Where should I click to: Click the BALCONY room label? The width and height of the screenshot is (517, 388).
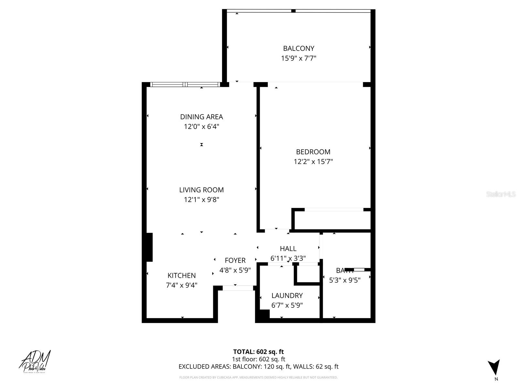[299, 48]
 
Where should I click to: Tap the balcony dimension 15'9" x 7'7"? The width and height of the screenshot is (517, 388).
[299, 59]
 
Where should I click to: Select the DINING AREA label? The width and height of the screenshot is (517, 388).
[201, 117]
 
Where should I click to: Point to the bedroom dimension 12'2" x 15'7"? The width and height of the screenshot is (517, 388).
[313, 162]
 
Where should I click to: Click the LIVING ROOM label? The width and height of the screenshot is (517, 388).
[201, 190]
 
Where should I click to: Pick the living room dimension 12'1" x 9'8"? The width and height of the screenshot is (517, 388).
[201, 200]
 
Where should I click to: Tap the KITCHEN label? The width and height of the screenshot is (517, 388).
[181, 275]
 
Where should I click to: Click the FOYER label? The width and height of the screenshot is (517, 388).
[235, 260]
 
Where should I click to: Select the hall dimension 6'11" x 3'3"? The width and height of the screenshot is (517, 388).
[288, 259]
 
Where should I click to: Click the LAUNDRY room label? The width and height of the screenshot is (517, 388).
[287, 296]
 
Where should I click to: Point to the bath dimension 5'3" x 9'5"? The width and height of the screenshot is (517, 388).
[345, 280]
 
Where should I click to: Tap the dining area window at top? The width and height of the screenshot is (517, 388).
[185, 85]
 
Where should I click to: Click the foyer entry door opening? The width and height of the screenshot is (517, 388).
[238, 288]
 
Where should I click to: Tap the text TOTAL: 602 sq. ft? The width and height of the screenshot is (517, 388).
[258, 352]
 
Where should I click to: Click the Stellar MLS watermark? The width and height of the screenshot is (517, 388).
[501, 194]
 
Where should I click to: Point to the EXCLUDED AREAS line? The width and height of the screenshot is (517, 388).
[258, 367]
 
